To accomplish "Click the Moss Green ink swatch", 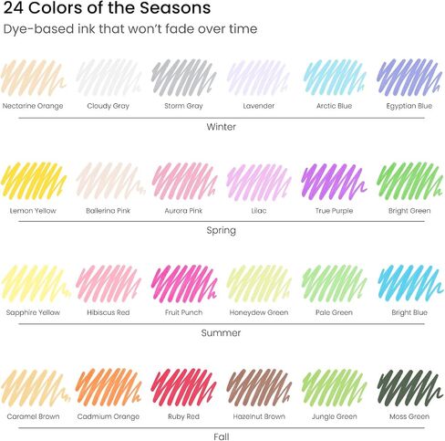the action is click(x=409, y=387).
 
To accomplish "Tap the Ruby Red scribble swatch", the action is click(x=183, y=387).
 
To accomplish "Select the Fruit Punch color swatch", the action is click(x=184, y=283).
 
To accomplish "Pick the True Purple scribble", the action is click(x=334, y=182).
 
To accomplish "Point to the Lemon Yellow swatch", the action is click(x=34, y=182).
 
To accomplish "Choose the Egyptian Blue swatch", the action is click(x=409, y=78).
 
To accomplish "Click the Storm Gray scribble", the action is click(x=183, y=78).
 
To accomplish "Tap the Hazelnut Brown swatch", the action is click(x=259, y=387).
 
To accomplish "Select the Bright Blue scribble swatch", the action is click(x=409, y=283).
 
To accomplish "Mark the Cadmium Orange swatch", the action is click(x=109, y=387).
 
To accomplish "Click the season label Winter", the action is click(x=222, y=127).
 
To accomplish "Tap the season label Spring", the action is click(x=222, y=230).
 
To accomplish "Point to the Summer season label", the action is click(x=221, y=332).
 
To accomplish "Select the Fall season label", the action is click(x=222, y=436).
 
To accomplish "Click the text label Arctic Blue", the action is click(x=334, y=106).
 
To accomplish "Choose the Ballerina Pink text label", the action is click(x=108, y=211).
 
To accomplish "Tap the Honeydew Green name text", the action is click(x=259, y=312).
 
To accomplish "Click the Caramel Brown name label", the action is click(x=33, y=416).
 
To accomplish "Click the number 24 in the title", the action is click(x=13, y=8).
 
